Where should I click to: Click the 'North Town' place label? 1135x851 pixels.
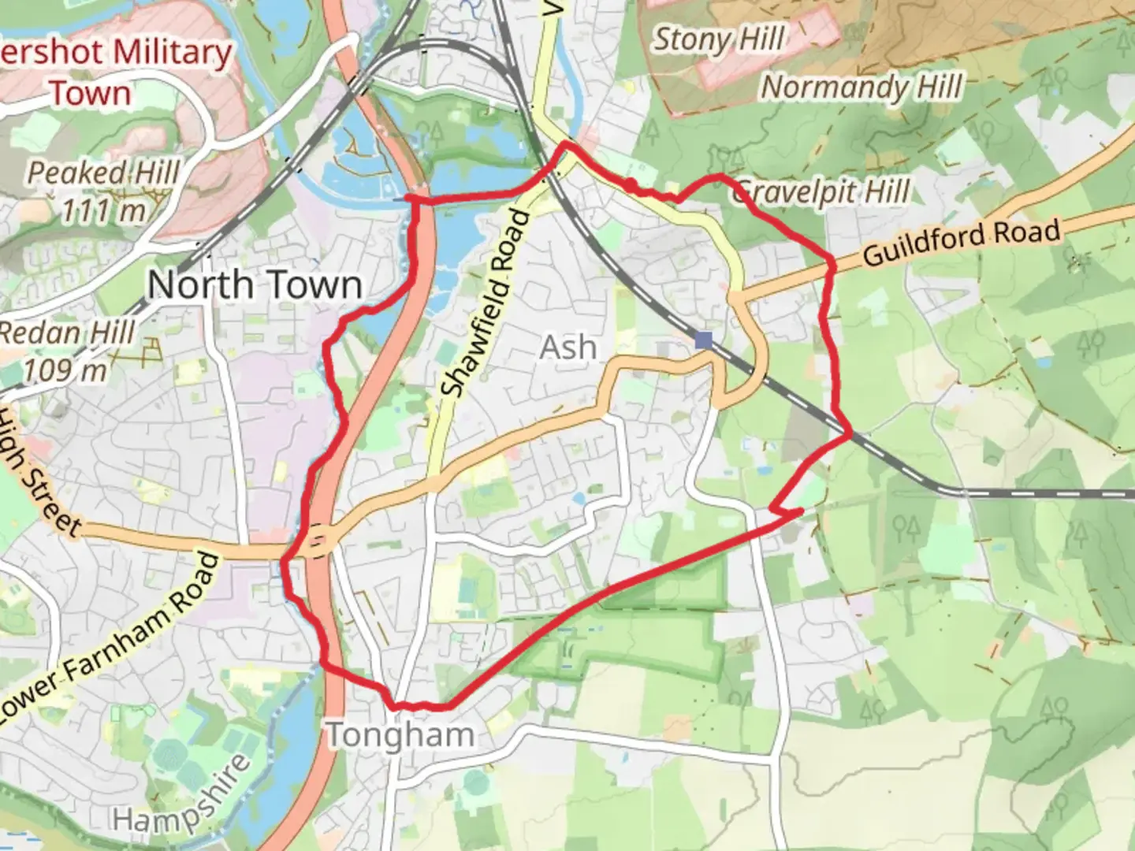coord(255,284)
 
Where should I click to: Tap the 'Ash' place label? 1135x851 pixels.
coord(567,347)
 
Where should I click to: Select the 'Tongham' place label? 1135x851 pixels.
coord(400,735)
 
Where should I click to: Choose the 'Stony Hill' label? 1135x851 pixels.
coord(718,39)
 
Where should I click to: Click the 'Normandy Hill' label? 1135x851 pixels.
coord(861,87)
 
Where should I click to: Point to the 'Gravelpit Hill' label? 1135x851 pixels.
coord(821,191)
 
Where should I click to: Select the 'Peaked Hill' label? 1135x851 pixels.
coord(103,173)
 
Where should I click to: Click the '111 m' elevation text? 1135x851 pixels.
coord(103,210)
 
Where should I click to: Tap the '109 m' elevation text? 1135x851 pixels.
coord(65,370)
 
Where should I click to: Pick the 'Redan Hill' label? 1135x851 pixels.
coord(66,333)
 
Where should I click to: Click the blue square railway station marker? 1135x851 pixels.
coord(704,340)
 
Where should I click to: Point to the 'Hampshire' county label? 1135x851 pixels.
coord(181,796)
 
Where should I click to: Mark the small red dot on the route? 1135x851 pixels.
coord(631,184)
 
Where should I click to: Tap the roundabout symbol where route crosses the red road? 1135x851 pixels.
coord(317,541)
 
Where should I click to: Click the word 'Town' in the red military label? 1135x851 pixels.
coord(91,94)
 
